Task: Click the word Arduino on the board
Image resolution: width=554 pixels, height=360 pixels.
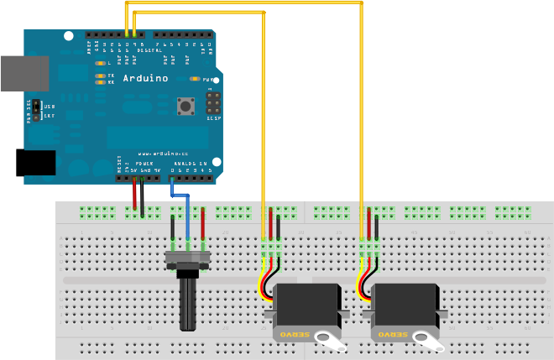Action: coord(145,78)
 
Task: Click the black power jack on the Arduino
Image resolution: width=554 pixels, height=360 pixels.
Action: coord(35,162)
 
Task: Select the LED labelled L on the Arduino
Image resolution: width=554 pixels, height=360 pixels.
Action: coord(100,64)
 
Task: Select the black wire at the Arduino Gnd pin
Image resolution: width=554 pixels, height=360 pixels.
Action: coord(142,196)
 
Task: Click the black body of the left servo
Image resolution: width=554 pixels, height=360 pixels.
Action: coord(307,306)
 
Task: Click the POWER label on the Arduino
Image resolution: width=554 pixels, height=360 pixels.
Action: coord(133,164)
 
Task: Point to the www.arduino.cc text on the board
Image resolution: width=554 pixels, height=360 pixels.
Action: coord(156,154)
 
